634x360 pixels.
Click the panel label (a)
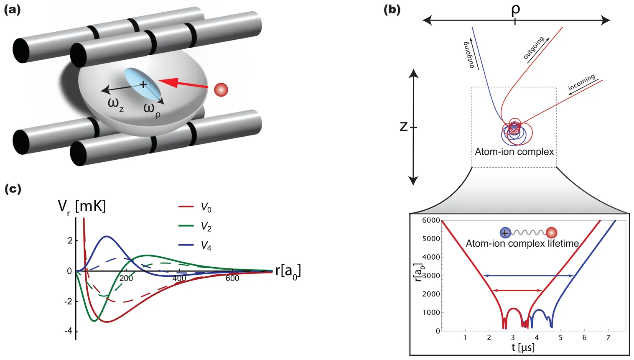pyautogui.click(x=12, y=10)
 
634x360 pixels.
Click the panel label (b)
pyautogui.click(x=392, y=10)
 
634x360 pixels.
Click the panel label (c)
pyautogui.click(x=13, y=189)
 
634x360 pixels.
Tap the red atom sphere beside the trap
pyautogui.click(x=221, y=89)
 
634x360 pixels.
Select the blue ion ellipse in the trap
pyautogui.click(x=143, y=84)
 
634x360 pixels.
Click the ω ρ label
pyautogui.click(x=152, y=110)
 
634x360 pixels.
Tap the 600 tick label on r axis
pyautogui.click(x=232, y=278)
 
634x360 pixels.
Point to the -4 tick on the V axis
pyautogui.click(x=68, y=331)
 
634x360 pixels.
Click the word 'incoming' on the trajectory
pyautogui.click(x=581, y=83)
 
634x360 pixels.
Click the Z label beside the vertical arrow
pyautogui.click(x=404, y=126)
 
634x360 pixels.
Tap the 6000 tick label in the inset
pyautogui.click(x=431, y=220)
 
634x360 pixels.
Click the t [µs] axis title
pyautogui.click(x=523, y=347)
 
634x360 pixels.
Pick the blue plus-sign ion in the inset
pyautogui.click(x=505, y=233)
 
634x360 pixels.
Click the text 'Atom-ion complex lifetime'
pyautogui.click(x=522, y=243)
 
